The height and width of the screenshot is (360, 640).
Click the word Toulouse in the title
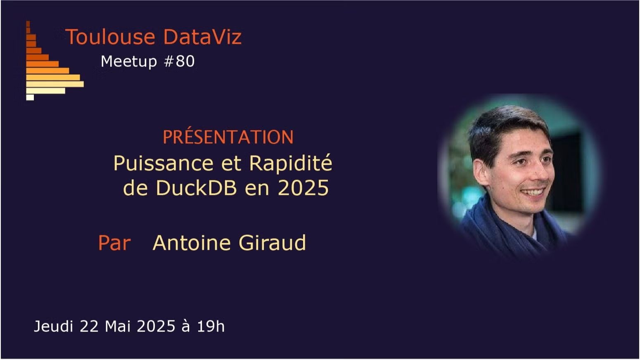pos(110,37)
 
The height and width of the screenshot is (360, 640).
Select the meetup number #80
pos(180,62)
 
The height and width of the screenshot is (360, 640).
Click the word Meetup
pos(129,62)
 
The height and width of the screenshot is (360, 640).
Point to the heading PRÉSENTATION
pos(228,137)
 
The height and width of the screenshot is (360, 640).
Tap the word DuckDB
pos(196,188)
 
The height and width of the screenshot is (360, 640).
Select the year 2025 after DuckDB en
pos(303,188)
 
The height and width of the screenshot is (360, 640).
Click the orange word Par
pos(114,243)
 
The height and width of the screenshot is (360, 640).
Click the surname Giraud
pos(272,243)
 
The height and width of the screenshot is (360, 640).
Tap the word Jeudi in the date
pos(53,326)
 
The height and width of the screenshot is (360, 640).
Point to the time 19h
pos(211,326)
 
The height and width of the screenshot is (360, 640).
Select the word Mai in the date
pos(116,326)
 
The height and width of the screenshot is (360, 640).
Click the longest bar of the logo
pos(55,84)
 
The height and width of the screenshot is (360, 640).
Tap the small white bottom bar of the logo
pos(30,97)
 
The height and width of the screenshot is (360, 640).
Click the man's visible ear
pos(481,172)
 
